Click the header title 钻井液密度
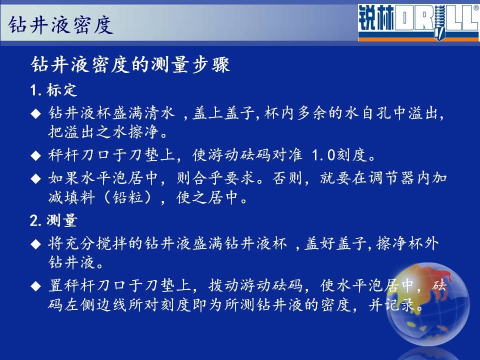[x=60, y=25]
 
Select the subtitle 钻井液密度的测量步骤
[x=130, y=64]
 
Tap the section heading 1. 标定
[x=53, y=90]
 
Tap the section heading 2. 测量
[x=53, y=220]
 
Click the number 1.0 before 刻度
[x=323, y=155]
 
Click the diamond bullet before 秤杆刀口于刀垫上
[x=36, y=155]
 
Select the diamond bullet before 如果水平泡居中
[x=36, y=179]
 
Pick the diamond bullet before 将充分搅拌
[x=36, y=244]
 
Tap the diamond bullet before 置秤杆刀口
[x=36, y=286]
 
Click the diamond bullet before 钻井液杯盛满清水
[x=36, y=114]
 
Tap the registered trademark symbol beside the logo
[x=476, y=8]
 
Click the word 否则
[x=287, y=178]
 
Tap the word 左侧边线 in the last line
[x=95, y=304]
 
